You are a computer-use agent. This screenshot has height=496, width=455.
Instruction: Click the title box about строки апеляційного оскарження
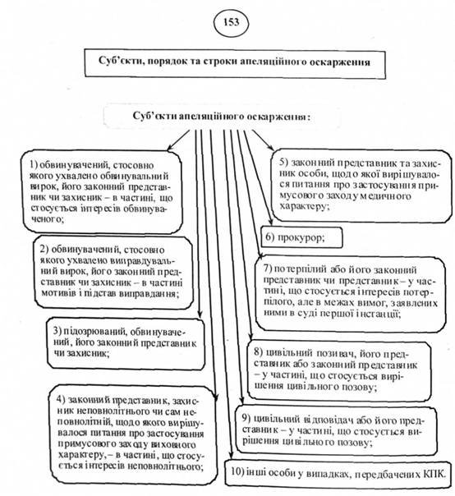click(228, 62)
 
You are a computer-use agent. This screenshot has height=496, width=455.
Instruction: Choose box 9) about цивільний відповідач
click(337, 425)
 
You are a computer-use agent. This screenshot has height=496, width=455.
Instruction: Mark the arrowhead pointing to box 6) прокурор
click(259, 239)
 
